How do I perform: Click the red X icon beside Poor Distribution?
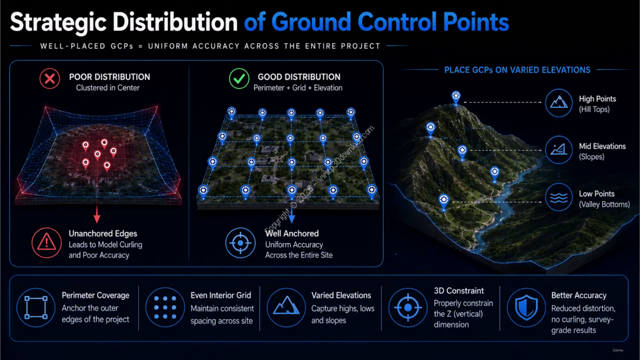49,78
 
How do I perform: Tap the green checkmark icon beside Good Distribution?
239,78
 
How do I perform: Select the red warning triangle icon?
46,243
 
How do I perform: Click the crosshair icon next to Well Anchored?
240,243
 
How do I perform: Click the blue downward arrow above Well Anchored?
291,215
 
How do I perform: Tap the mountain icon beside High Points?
558,102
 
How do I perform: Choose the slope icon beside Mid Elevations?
558,149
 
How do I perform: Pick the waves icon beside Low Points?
558,197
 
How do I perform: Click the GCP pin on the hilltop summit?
456,96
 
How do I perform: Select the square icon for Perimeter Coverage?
36,307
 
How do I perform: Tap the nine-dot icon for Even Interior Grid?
165,307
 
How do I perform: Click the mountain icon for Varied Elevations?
286,307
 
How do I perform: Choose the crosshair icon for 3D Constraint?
408,307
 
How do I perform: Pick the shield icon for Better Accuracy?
526,307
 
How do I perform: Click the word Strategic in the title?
58,22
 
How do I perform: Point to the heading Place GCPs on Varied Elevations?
517,70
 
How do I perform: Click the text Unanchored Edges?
103,233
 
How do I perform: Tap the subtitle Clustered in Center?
107,87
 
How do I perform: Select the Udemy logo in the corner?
618,350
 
